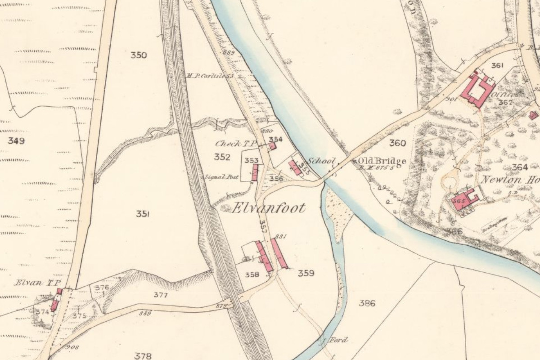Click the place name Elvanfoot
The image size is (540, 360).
pos(269,208)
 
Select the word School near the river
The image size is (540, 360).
pos(321,161)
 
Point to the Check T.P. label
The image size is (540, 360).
pos(235,144)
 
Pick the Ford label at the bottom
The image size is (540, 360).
pos(339,340)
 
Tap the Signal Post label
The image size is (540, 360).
pos(221,177)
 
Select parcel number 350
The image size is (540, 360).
pos(139,55)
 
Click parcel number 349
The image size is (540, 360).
pos(16,141)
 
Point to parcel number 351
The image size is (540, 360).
pos(143,214)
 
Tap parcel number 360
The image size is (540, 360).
pos(397,143)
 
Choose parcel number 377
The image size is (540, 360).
pos(160,295)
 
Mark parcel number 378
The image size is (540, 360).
pos(143,356)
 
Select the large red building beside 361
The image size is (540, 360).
pos(477,89)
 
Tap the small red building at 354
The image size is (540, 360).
pos(272,146)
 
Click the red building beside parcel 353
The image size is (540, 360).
pos(255,173)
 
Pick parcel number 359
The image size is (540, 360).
pos(306,273)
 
